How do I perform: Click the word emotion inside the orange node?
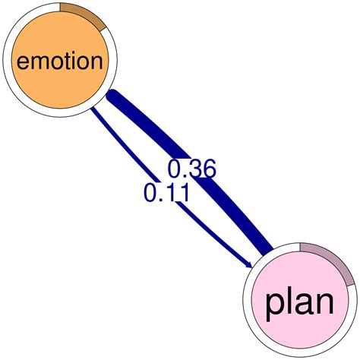click(x=58, y=61)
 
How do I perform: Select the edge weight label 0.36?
click(x=191, y=169)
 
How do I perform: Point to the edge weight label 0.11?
click(x=166, y=193)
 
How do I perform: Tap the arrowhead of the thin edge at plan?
click(x=248, y=264)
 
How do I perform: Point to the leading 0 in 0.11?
click(x=150, y=193)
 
